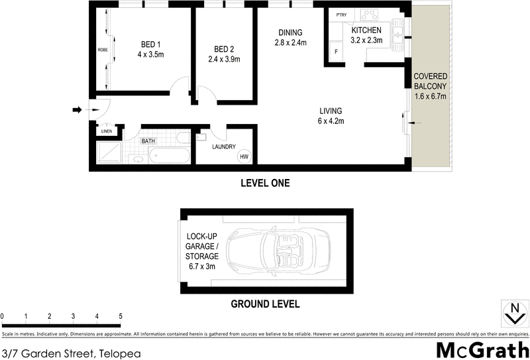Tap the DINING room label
pos(290,32)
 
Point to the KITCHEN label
pos(366,30)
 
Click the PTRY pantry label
pos(341,15)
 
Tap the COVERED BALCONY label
pos(431,81)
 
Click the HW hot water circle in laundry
pos(244,156)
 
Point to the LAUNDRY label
pos(223,148)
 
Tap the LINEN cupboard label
pos(107,131)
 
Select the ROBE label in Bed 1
pos(103,50)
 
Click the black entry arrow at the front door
pos(78,109)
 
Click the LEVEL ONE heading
pos(265,183)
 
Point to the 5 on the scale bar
pos(121,316)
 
